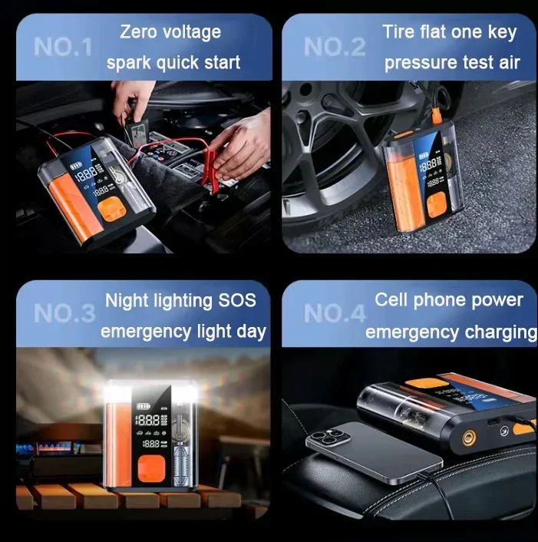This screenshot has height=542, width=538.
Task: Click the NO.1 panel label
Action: tap(63, 47)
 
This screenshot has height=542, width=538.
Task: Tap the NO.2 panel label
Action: tap(335, 47)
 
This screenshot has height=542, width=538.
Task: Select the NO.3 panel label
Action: tap(64, 313)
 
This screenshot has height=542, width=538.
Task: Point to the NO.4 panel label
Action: tap(335, 313)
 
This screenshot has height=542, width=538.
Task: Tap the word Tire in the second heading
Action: tap(398, 31)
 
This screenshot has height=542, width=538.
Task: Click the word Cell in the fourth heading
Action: tap(391, 299)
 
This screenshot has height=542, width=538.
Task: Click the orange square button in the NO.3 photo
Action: tap(151, 468)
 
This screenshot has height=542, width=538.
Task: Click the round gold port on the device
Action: tap(469, 438)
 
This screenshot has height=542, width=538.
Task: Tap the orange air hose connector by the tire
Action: tap(437, 115)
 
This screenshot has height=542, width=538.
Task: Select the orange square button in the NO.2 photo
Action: tap(437, 205)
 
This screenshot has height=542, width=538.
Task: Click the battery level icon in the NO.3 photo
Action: tap(143, 407)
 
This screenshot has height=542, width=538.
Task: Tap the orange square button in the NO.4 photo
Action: tap(422, 385)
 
